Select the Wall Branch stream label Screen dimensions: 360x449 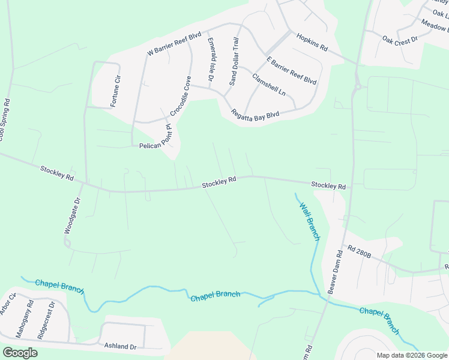[x=310, y=221]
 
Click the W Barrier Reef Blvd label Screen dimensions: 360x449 [x=174, y=44]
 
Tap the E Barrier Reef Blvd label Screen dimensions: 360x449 [x=292, y=71]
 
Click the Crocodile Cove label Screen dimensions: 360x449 [x=180, y=96]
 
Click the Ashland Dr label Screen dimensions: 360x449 [x=121, y=347]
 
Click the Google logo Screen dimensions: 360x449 [x=20, y=353]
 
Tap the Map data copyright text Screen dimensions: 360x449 [x=411, y=355]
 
